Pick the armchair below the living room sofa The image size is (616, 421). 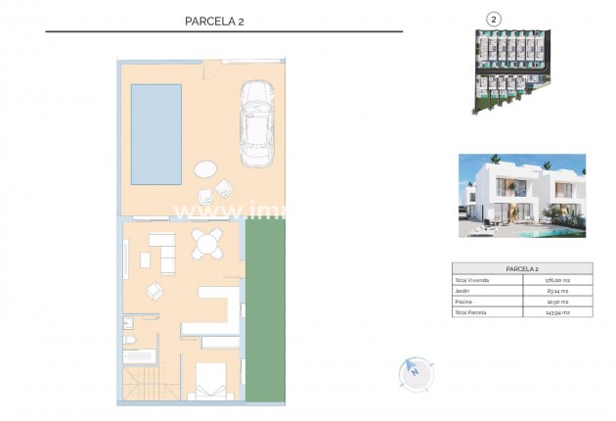tap(155, 290)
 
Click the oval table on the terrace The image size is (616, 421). tap(206, 168)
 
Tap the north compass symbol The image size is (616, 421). tap(414, 372)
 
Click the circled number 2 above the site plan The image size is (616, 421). tap(494, 18)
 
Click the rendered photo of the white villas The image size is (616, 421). tap(520, 196)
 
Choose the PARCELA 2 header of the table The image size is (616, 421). tap(521, 267)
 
